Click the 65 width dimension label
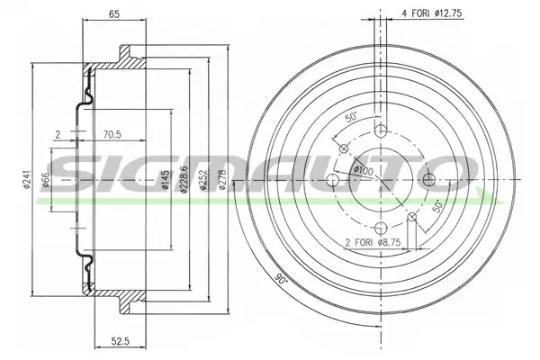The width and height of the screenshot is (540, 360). click(x=114, y=14)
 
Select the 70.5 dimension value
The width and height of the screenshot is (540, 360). click(x=112, y=134)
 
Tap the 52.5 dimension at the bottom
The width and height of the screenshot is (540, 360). click(x=121, y=341)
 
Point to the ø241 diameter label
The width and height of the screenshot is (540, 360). click(x=27, y=179)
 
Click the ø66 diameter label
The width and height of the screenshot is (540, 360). click(x=46, y=180)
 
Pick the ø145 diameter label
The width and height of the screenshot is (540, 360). click(x=166, y=180)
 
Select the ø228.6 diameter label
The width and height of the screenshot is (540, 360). click(x=184, y=179)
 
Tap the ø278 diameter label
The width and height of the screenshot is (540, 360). click(x=222, y=179)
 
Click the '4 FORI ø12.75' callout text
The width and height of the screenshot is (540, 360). click(x=431, y=13)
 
